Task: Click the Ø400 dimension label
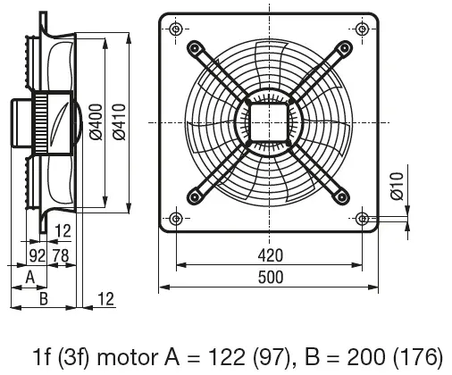pos(96,121)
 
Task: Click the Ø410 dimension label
pos(120,121)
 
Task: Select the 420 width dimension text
pos(270,255)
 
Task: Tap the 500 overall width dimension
pos(270,278)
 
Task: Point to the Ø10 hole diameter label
pos(398,186)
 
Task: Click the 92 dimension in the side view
pos(38,255)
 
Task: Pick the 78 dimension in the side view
pos(61,255)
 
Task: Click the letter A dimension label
pos(30,277)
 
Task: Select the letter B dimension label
pos(44,298)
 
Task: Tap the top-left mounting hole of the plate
pos(176,29)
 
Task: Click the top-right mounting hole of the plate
pos(363,29)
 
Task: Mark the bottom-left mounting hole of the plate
pos(176,219)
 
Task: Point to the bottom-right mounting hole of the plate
pos(363,219)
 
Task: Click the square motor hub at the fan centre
pos(269,122)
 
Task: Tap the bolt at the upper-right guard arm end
pos(344,47)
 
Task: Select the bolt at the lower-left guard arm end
pos(195,196)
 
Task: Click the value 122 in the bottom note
pos(227,356)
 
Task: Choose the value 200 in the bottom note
pos(366,356)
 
